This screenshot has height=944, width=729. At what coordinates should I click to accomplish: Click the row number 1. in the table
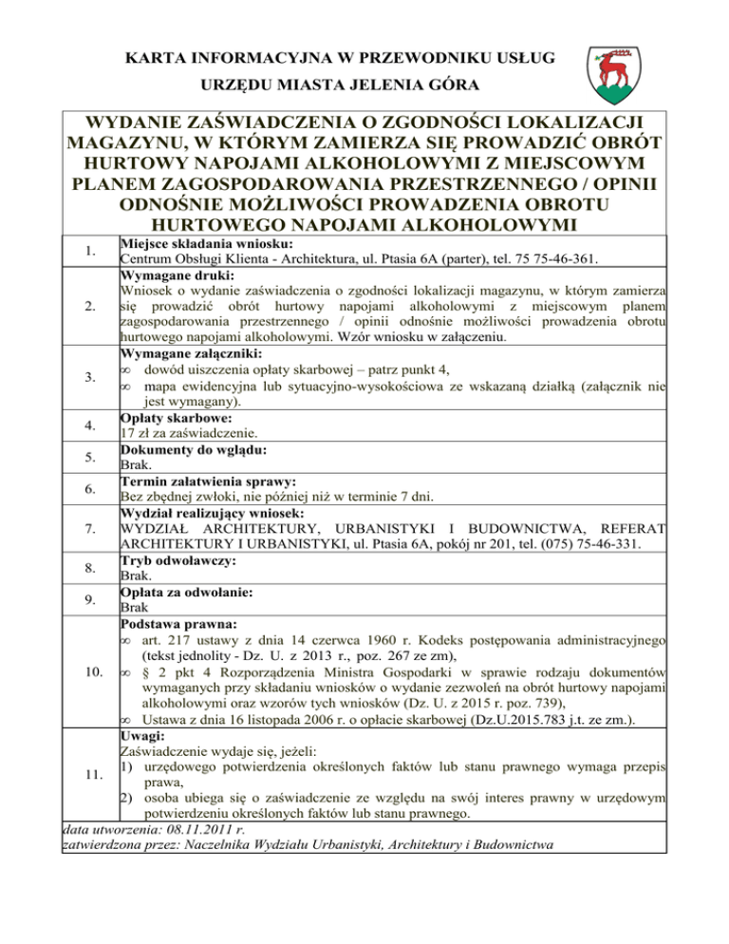[x=87, y=252]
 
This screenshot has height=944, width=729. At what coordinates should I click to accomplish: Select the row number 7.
[x=87, y=528]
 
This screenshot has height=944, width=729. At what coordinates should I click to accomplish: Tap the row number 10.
[x=87, y=674]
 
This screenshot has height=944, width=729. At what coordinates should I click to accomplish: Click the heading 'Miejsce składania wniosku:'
[x=201, y=244]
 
